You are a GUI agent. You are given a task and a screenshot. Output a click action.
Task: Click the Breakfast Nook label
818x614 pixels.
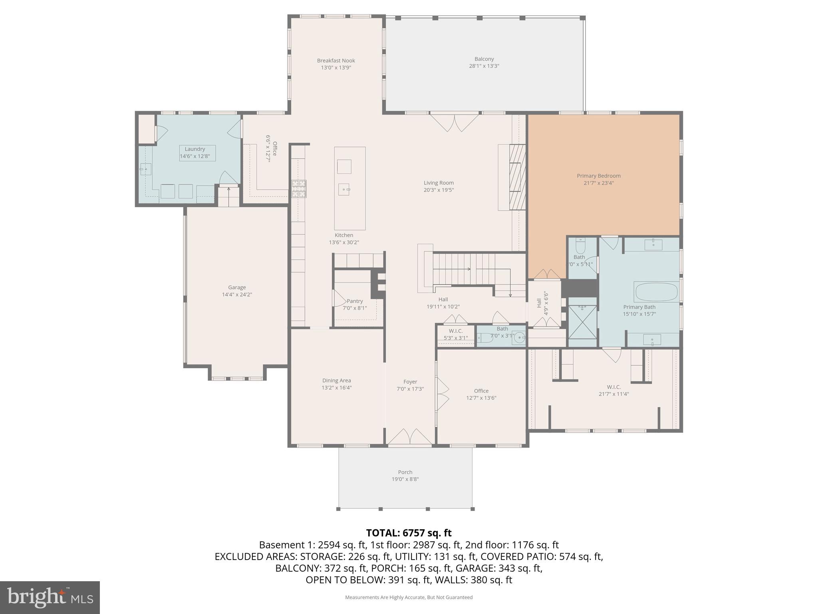336,61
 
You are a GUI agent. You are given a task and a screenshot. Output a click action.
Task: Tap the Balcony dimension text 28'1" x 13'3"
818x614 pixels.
484,66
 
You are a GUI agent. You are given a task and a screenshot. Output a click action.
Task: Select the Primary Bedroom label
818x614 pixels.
598,176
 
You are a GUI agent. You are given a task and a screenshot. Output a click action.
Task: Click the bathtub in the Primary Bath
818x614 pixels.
656,292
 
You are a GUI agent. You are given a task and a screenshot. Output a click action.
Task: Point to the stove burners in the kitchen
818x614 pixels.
299,189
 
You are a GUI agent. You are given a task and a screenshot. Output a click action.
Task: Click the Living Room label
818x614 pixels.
439,183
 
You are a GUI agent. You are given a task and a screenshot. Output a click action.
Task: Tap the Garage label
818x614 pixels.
237,287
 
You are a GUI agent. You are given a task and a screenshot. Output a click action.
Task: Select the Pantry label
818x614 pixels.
355,301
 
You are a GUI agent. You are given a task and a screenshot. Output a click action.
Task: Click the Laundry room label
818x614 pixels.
195,149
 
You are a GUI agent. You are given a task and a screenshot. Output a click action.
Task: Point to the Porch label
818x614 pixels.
405,472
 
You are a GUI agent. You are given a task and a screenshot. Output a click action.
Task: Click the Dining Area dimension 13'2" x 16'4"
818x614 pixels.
337,388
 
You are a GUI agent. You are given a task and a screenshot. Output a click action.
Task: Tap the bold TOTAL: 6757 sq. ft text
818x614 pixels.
409,533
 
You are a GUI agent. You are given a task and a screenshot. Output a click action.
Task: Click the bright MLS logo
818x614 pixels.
50,597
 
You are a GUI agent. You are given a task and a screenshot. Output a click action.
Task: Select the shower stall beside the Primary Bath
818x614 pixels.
583,321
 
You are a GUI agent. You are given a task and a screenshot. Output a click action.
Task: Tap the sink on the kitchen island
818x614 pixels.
344,189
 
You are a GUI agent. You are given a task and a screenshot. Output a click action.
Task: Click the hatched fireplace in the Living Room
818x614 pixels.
518,177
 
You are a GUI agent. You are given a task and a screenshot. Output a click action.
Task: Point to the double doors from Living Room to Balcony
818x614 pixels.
454,123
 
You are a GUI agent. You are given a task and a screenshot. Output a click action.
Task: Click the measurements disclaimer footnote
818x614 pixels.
409,597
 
